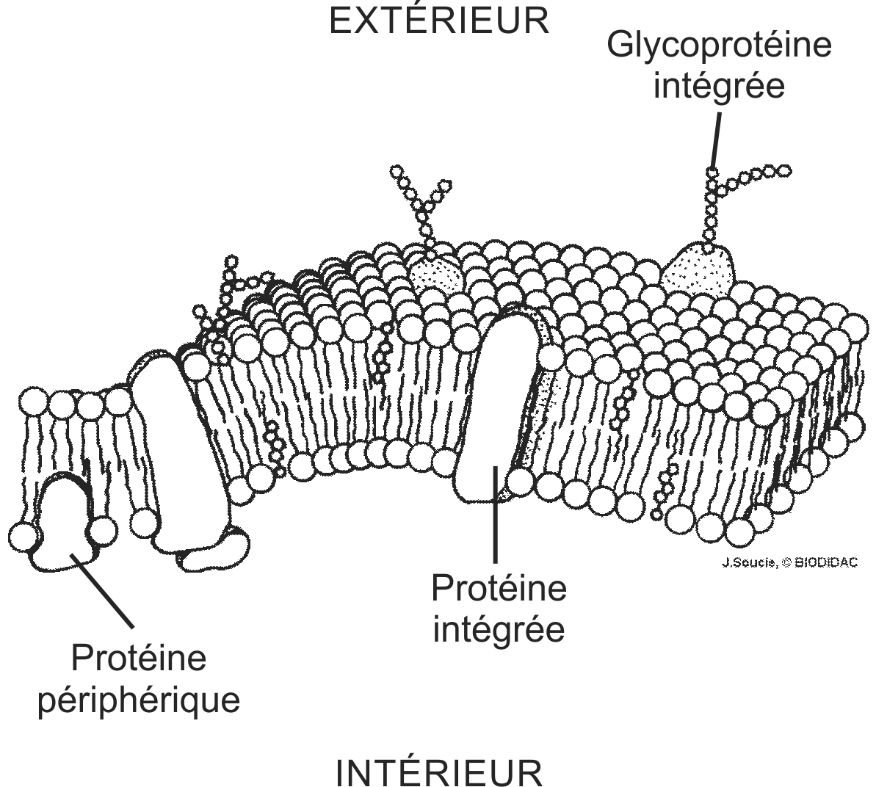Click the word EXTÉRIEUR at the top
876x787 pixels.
click(x=438, y=21)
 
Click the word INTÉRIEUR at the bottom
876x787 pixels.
click(x=438, y=772)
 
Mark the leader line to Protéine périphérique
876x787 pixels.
click(x=103, y=592)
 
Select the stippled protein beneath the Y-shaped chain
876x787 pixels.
click(x=435, y=276)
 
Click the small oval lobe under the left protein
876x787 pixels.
click(x=216, y=551)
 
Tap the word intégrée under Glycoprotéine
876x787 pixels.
click(x=719, y=87)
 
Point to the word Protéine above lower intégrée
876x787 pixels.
click(x=499, y=589)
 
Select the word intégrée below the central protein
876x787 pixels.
click(x=499, y=629)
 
